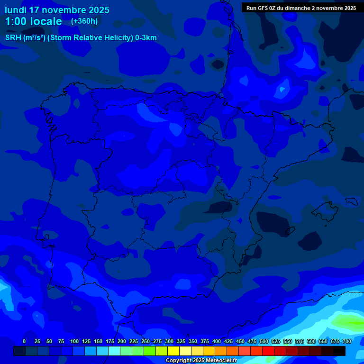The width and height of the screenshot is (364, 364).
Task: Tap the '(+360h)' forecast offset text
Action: pyautogui.click(x=84, y=21)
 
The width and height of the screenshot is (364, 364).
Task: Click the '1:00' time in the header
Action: pyautogui.click(x=14, y=21)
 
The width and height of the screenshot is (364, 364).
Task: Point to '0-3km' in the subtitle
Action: pyautogui.click(x=146, y=38)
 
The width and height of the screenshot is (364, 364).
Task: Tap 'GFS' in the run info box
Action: pyautogui.click(x=263, y=8)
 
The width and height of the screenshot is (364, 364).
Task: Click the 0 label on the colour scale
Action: pyautogui.click(x=24, y=341)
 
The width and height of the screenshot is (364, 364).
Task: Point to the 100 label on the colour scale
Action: pyautogui.click(x=74, y=341)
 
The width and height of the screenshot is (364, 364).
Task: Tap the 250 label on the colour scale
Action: pyautogui.click(x=146, y=341)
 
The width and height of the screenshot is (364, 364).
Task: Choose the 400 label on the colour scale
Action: pyautogui.click(x=217, y=341)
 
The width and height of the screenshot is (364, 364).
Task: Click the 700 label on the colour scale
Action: pyautogui.click(x=347, y=341)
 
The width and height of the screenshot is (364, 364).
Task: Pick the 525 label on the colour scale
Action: pyautogui.click(x=276, y=341)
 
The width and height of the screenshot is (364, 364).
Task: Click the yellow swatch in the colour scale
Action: pyautogui.click(x=173, y=351)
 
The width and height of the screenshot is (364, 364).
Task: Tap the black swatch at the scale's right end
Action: pyautogui.click(x=339, y=351)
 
